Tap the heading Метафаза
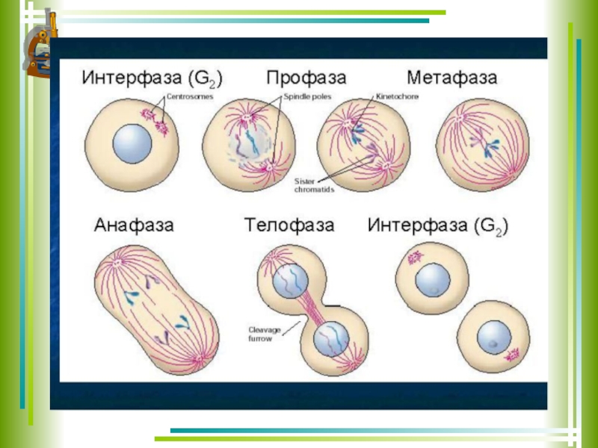point(452,78)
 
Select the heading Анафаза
point(134,224)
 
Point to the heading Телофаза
point(289,224)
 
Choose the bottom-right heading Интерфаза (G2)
point(438,224)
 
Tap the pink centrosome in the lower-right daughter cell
point(514,352)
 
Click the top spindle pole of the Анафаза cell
point(117,263)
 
